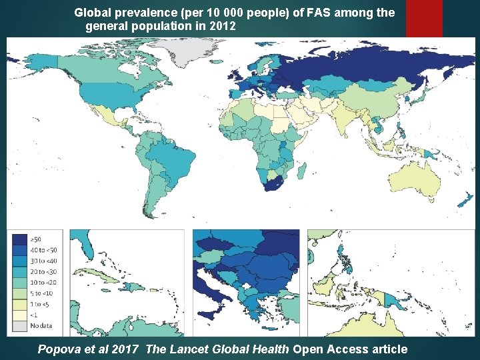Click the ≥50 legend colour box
pyautogui.click(x=20, y=238)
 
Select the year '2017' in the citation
pyautogui.click(x=124, y=349)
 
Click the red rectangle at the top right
pyautogui.click(x=433, y=18)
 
